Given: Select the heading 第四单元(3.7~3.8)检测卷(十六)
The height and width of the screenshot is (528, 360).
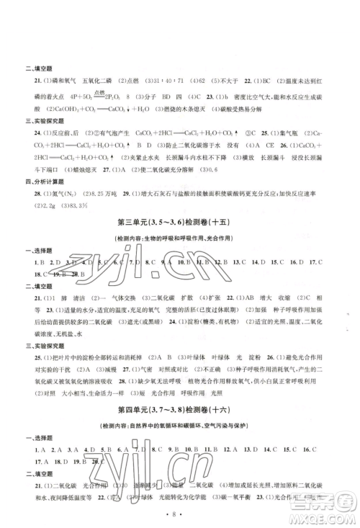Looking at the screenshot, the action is pyautogui.click(x=179, y=430).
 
